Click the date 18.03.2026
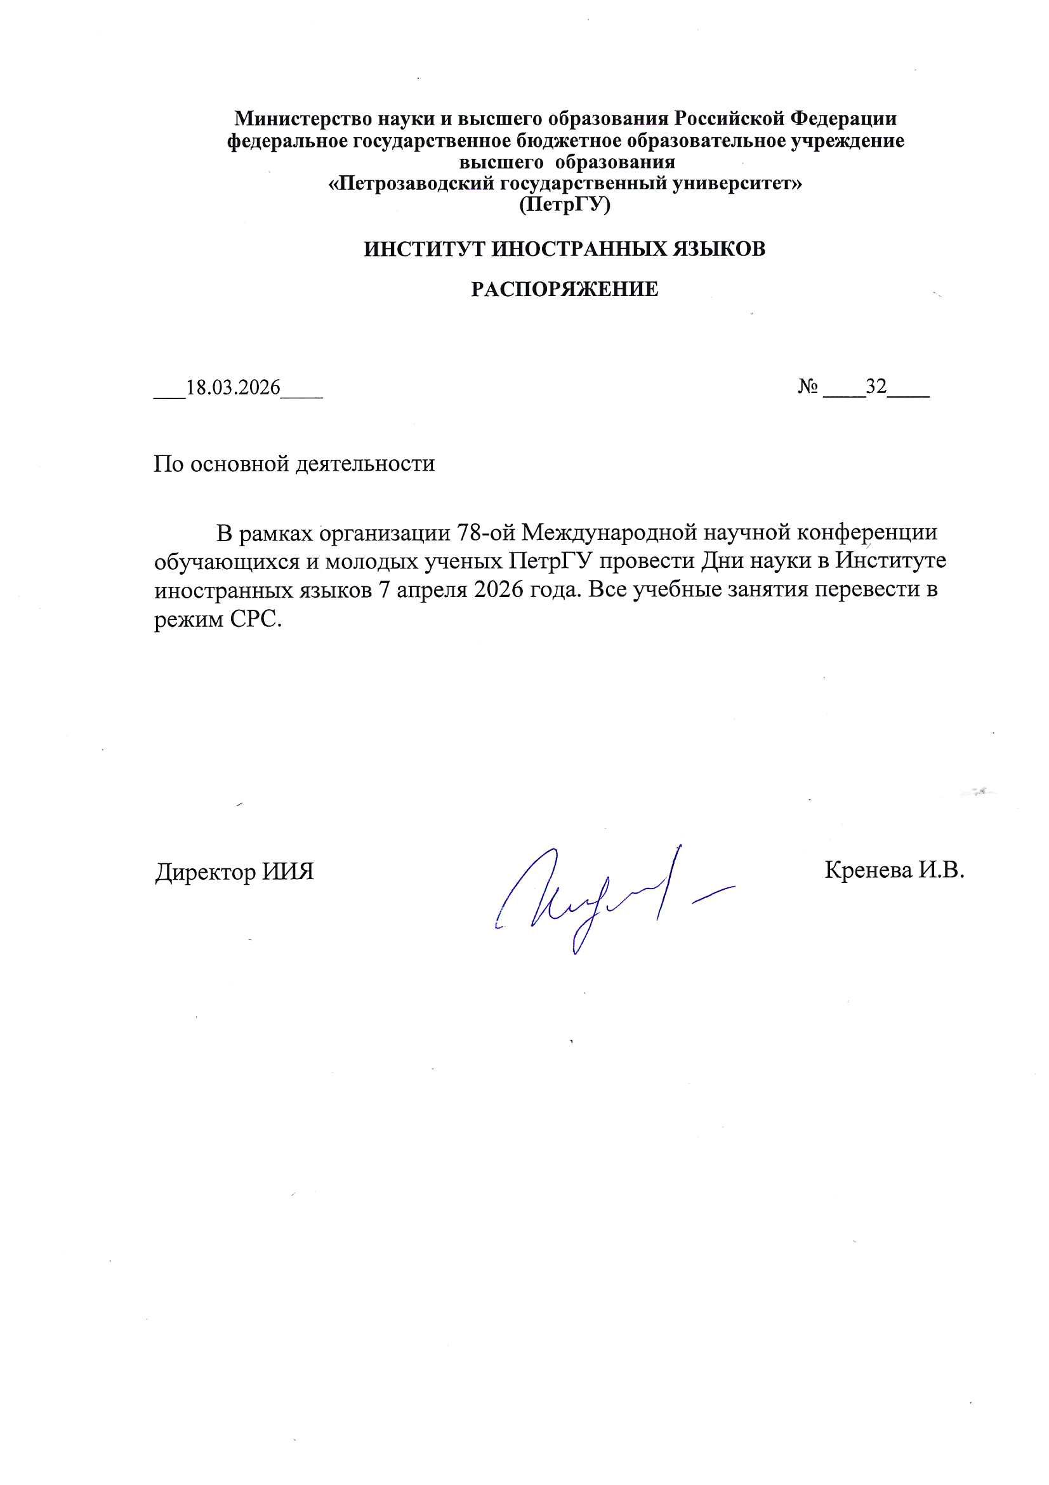[234, 387]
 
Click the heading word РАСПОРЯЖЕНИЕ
[564, 290]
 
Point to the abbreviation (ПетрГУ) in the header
[565, 205]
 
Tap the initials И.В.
[942, 871]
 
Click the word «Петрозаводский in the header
[412, 184]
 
